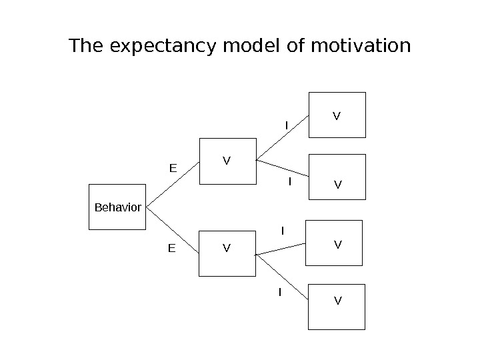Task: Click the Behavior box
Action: (x=117, y=207)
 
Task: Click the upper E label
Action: (x=172, y=168)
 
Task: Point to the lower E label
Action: (x=171, y=249)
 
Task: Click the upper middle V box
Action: (x=227, y=161)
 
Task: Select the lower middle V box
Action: (x=227, y=253)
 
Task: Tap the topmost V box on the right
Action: (x=337, y=115)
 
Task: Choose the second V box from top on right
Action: (x=337, y=177)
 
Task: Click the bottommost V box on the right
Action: (x=337, y=307)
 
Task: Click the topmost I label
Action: (x=286, y=125)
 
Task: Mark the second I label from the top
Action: (x=290, y=181)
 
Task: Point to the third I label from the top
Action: (x=282, y=231)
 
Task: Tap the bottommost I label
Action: (x=279, y=292)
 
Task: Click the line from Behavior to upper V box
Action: (x=172, y=185)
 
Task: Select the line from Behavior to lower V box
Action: (x=172, y=231)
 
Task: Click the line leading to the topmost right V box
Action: (x=283, y=138)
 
